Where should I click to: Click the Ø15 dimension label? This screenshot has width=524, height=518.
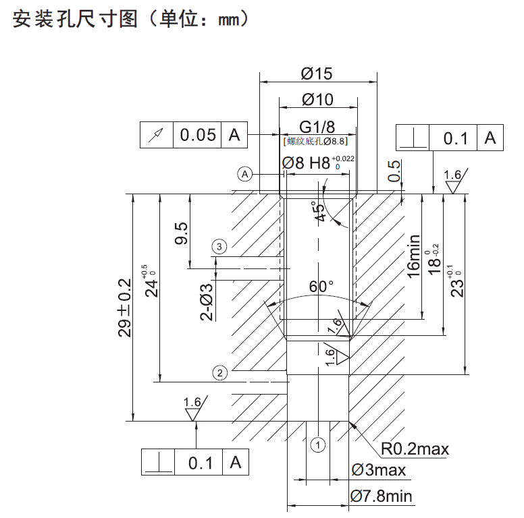[x=317, y=73]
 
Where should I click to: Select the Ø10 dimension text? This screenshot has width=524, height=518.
[x=317, y=100]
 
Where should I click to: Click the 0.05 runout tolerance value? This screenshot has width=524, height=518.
[x=198, y=135]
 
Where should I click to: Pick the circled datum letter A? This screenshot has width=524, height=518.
[x=245, y=174]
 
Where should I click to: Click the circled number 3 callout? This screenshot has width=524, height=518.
[x=218, y=246]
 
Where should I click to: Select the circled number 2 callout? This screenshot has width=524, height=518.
[x=218, y=372]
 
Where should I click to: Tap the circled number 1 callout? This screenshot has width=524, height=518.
[x=318, y=444]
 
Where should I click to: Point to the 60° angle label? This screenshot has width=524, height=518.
[x=321, y=286]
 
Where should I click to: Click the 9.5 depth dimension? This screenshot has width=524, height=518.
[x=182, y=235]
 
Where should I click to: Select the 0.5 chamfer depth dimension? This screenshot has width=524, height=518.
[x=394, y=171]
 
